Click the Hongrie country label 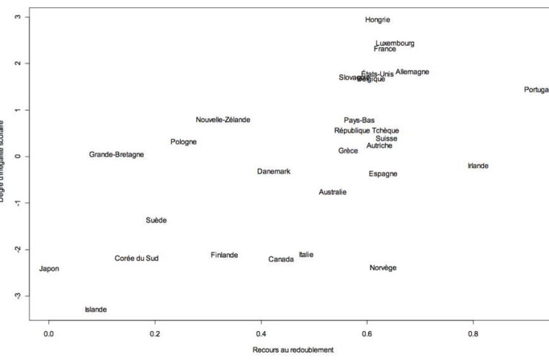[x=377, y=20]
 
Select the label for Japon [x=49, y=269]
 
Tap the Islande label [x=96, y=310]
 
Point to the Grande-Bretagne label [x=116, y=155]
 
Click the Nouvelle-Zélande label [x=223, y=120]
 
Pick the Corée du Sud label [x=136, y=259]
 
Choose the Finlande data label [x=224, y=256]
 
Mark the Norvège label [x=382, y=268]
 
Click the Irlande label [x=478, y=166]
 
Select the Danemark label [x=273, y=172]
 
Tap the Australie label [x=333, y=193]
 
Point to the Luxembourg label [x=395, y=44]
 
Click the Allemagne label [x=412, y=72]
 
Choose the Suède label [x=156, y=221]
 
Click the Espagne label [x=382, y=174]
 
